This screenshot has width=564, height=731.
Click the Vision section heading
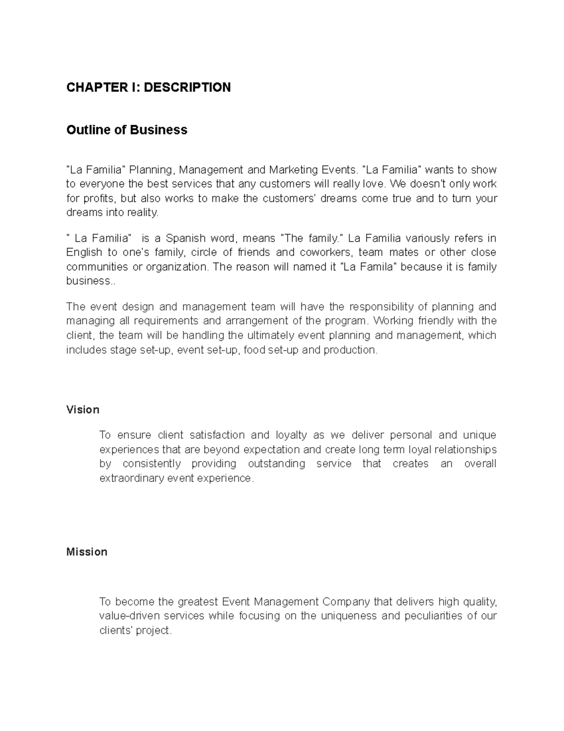click(83, 410)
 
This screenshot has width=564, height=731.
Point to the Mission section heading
click(87, 552)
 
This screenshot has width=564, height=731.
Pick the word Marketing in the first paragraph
click(291, 169)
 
